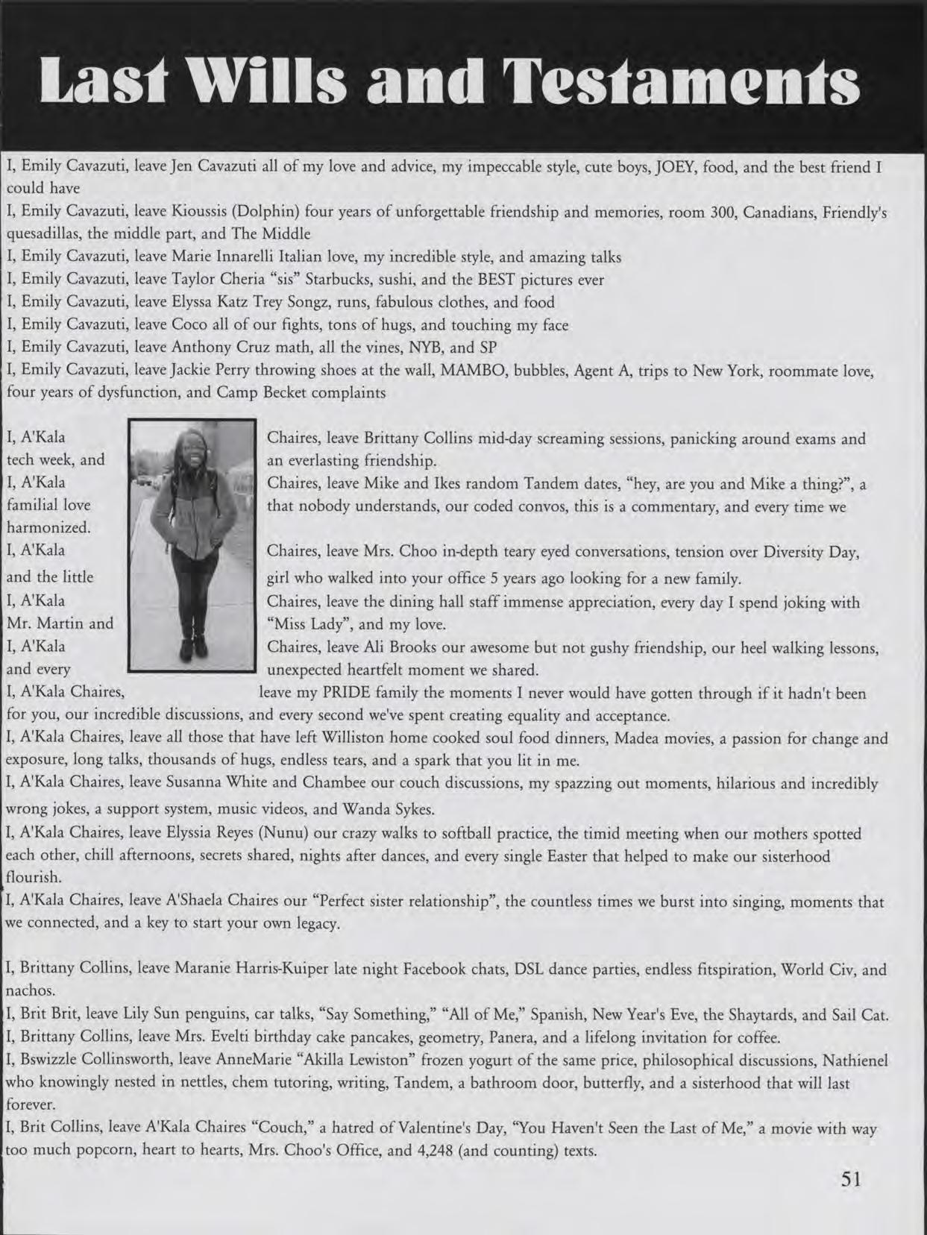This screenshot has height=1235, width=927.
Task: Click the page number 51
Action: [x=851, y=1179]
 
